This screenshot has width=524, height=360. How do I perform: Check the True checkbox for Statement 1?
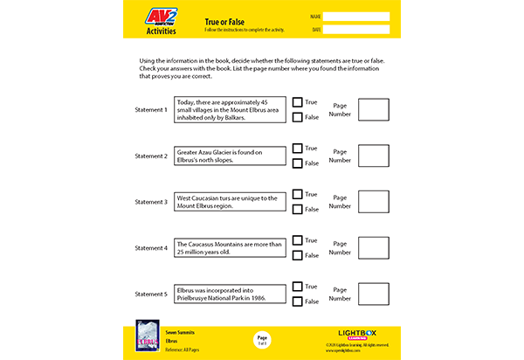(x=297, y=102)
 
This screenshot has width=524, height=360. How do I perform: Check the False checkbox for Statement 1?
(x=297, y=117)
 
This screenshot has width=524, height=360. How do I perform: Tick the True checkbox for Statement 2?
(x=297, y=149)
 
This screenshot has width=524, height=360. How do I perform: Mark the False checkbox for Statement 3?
(x=297, y=210)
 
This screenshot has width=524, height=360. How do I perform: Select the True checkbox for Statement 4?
(x=297, y=240)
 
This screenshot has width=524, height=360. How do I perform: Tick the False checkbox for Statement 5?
(x=297, y=301)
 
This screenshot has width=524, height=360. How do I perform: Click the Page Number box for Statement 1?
(x=374, y=109)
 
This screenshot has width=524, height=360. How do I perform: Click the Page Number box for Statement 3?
(x=374, y=202)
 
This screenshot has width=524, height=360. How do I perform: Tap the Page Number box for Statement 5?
(x=374, y=294)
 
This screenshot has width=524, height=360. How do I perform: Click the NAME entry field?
(x=356, y=17)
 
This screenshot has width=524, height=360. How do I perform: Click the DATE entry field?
(x=356, y=31)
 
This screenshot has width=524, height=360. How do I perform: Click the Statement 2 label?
(x=151, y=156)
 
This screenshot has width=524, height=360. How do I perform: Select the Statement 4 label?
(x=151, y=248)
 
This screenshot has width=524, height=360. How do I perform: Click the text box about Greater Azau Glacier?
(x=231, y=156)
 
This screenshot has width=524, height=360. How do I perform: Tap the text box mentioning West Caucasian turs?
(x=231, y=202)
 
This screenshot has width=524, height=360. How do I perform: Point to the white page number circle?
(x=261, y=341)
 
